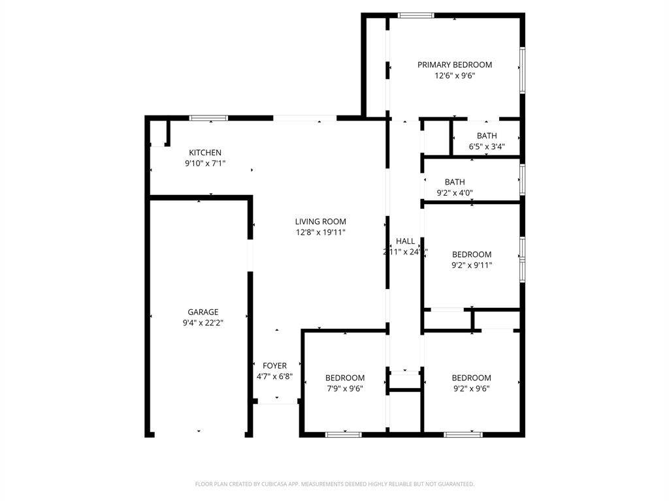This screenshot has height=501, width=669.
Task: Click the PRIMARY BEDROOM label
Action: point(455,65)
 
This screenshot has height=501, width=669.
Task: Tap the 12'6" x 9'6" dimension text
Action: point(455,76)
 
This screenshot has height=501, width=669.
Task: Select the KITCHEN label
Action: point(205,153)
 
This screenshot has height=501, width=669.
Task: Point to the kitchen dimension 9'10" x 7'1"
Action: point(205,164)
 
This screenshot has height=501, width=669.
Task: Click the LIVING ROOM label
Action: point(320,221)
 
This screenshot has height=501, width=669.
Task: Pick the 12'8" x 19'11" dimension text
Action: point(320,232)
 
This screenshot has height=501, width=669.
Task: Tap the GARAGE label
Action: point(203,312)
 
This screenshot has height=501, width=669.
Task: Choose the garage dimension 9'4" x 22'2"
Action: point(203,323)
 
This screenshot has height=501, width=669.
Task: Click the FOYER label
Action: point(274,365)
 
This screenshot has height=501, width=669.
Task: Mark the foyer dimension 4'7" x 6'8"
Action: point(274,376)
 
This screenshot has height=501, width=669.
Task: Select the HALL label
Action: point(405,241)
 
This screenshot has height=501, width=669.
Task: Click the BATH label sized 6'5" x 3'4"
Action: point(487,136)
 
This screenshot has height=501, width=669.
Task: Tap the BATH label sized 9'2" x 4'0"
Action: point(455,181)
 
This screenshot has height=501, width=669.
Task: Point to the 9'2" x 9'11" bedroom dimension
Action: point(472,266)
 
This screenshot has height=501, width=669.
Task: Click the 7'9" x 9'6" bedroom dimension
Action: point(345,389)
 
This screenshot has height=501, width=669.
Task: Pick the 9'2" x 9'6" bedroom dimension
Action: point(472,389)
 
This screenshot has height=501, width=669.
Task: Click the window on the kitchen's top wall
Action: point(208,118)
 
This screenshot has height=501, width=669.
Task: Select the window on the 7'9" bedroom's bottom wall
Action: point(344,434)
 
